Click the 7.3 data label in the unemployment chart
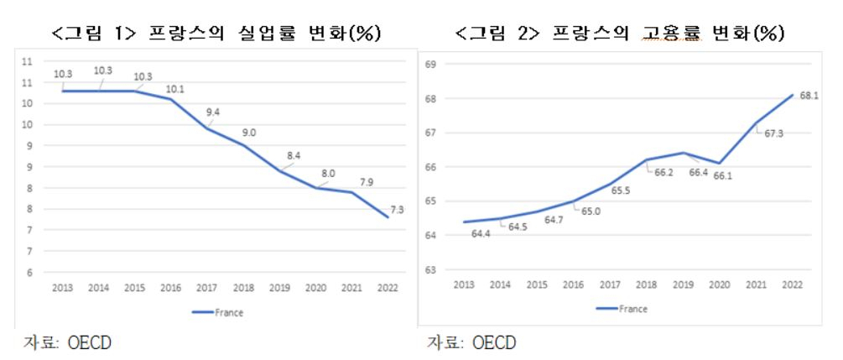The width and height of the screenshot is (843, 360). [x=397, y=211]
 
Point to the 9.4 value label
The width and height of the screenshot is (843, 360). [x=213, y=112]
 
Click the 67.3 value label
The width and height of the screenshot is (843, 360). [x=773, y=133]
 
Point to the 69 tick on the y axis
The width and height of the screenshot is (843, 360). [x=430, y=65]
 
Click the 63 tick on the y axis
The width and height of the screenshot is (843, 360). [x=430, y=269]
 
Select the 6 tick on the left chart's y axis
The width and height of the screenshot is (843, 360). [x=29, y=273]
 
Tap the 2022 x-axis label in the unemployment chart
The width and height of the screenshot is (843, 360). [x=387, y=288]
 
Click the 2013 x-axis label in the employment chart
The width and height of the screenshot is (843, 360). [x=463, y=284]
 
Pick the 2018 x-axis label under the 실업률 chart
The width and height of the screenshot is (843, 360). [x=243, y=288]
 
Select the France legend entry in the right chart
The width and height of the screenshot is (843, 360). [x=622, y=309]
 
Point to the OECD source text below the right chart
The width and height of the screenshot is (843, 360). [x=493, y=342]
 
